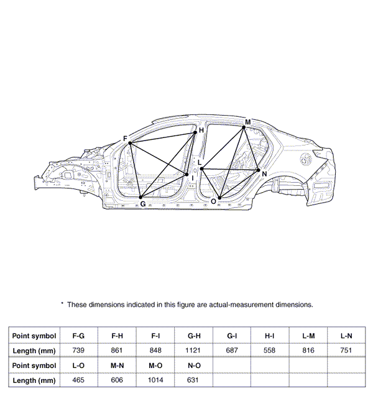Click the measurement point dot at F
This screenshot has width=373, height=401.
(130, 144)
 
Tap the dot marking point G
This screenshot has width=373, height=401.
(142, 197)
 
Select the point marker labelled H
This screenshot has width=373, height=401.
(195, 132)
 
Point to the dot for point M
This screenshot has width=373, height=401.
(244, 127)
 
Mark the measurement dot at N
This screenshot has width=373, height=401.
(259, 170)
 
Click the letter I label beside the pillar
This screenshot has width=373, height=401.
(193, 178)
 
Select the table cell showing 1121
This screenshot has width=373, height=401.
(193, 351)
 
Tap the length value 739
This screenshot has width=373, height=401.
(78, 351)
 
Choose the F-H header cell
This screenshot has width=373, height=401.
(117, 336)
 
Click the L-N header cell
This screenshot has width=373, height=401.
(346, 336)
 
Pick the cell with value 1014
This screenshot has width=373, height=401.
(155, 380)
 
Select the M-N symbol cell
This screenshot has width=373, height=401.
(117, 365)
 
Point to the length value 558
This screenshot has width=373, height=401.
(270, 351)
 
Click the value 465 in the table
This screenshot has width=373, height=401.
(78, 380)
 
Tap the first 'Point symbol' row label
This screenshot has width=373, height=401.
(34, 336)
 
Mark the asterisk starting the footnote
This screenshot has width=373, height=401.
(62, 303)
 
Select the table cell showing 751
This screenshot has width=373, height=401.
(346, 351)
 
